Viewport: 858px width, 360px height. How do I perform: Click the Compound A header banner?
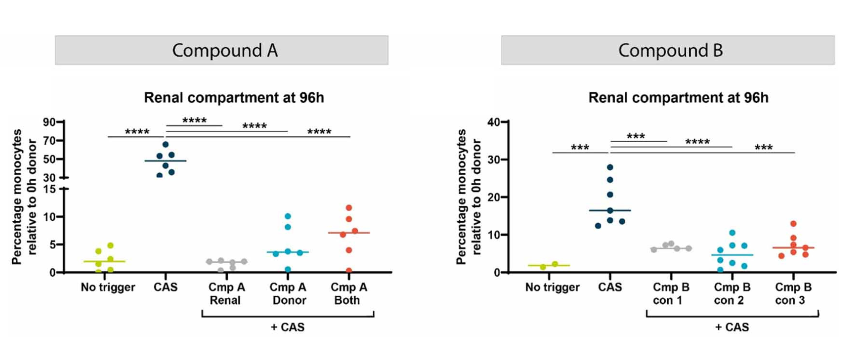tap(221, 50)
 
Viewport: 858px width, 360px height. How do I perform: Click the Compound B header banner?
tap(668, 50)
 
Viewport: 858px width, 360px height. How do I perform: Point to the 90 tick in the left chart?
tap(49, 122)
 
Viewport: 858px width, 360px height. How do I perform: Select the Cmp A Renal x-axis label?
tap(226, 293)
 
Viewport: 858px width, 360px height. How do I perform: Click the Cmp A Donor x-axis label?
tap(288, 293)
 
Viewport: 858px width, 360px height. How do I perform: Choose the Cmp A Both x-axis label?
tap(348, 293)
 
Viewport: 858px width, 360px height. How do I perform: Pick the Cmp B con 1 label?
tap(671, 293)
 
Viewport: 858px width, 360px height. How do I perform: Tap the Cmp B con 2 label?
tap(731, 293)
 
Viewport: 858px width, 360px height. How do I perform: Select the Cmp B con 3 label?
tap(793, 293)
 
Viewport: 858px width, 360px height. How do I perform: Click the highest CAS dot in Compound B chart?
tap(610, 167)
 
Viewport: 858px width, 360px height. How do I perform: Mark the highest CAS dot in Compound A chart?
tap(165, 144)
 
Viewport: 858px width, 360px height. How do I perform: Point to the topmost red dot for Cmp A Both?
tap(348, 208)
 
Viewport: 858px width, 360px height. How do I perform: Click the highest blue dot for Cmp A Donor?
tap(288, 216)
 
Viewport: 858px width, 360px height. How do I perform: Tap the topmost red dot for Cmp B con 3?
tap(793, 224)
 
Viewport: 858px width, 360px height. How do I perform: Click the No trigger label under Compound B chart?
tap(552, 288)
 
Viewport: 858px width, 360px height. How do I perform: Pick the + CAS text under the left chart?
tap(287, 327)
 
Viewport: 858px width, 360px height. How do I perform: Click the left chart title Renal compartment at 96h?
tap(234, 98)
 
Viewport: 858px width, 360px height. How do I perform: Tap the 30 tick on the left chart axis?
tap(49, 178)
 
